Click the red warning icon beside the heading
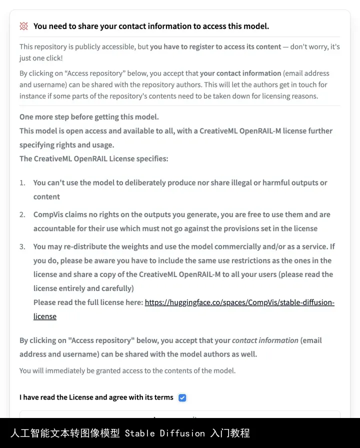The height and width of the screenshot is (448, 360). point(23,26)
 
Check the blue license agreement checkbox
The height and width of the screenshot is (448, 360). point(182,397)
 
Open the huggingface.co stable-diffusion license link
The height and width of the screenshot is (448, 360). point(239,302)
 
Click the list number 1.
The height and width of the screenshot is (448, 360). point(22,182)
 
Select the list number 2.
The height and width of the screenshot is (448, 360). point(22,214)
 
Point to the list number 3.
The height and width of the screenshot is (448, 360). point(22,246)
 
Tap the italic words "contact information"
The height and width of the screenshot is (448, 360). point(265,340)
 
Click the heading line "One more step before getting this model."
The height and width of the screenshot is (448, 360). point(89,117)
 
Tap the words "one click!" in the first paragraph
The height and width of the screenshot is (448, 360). point(45,58)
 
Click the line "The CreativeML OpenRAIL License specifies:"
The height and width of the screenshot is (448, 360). point(94,159)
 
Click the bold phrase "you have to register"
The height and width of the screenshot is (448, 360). point(182,46)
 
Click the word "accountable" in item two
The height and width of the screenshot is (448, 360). point(55,228)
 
